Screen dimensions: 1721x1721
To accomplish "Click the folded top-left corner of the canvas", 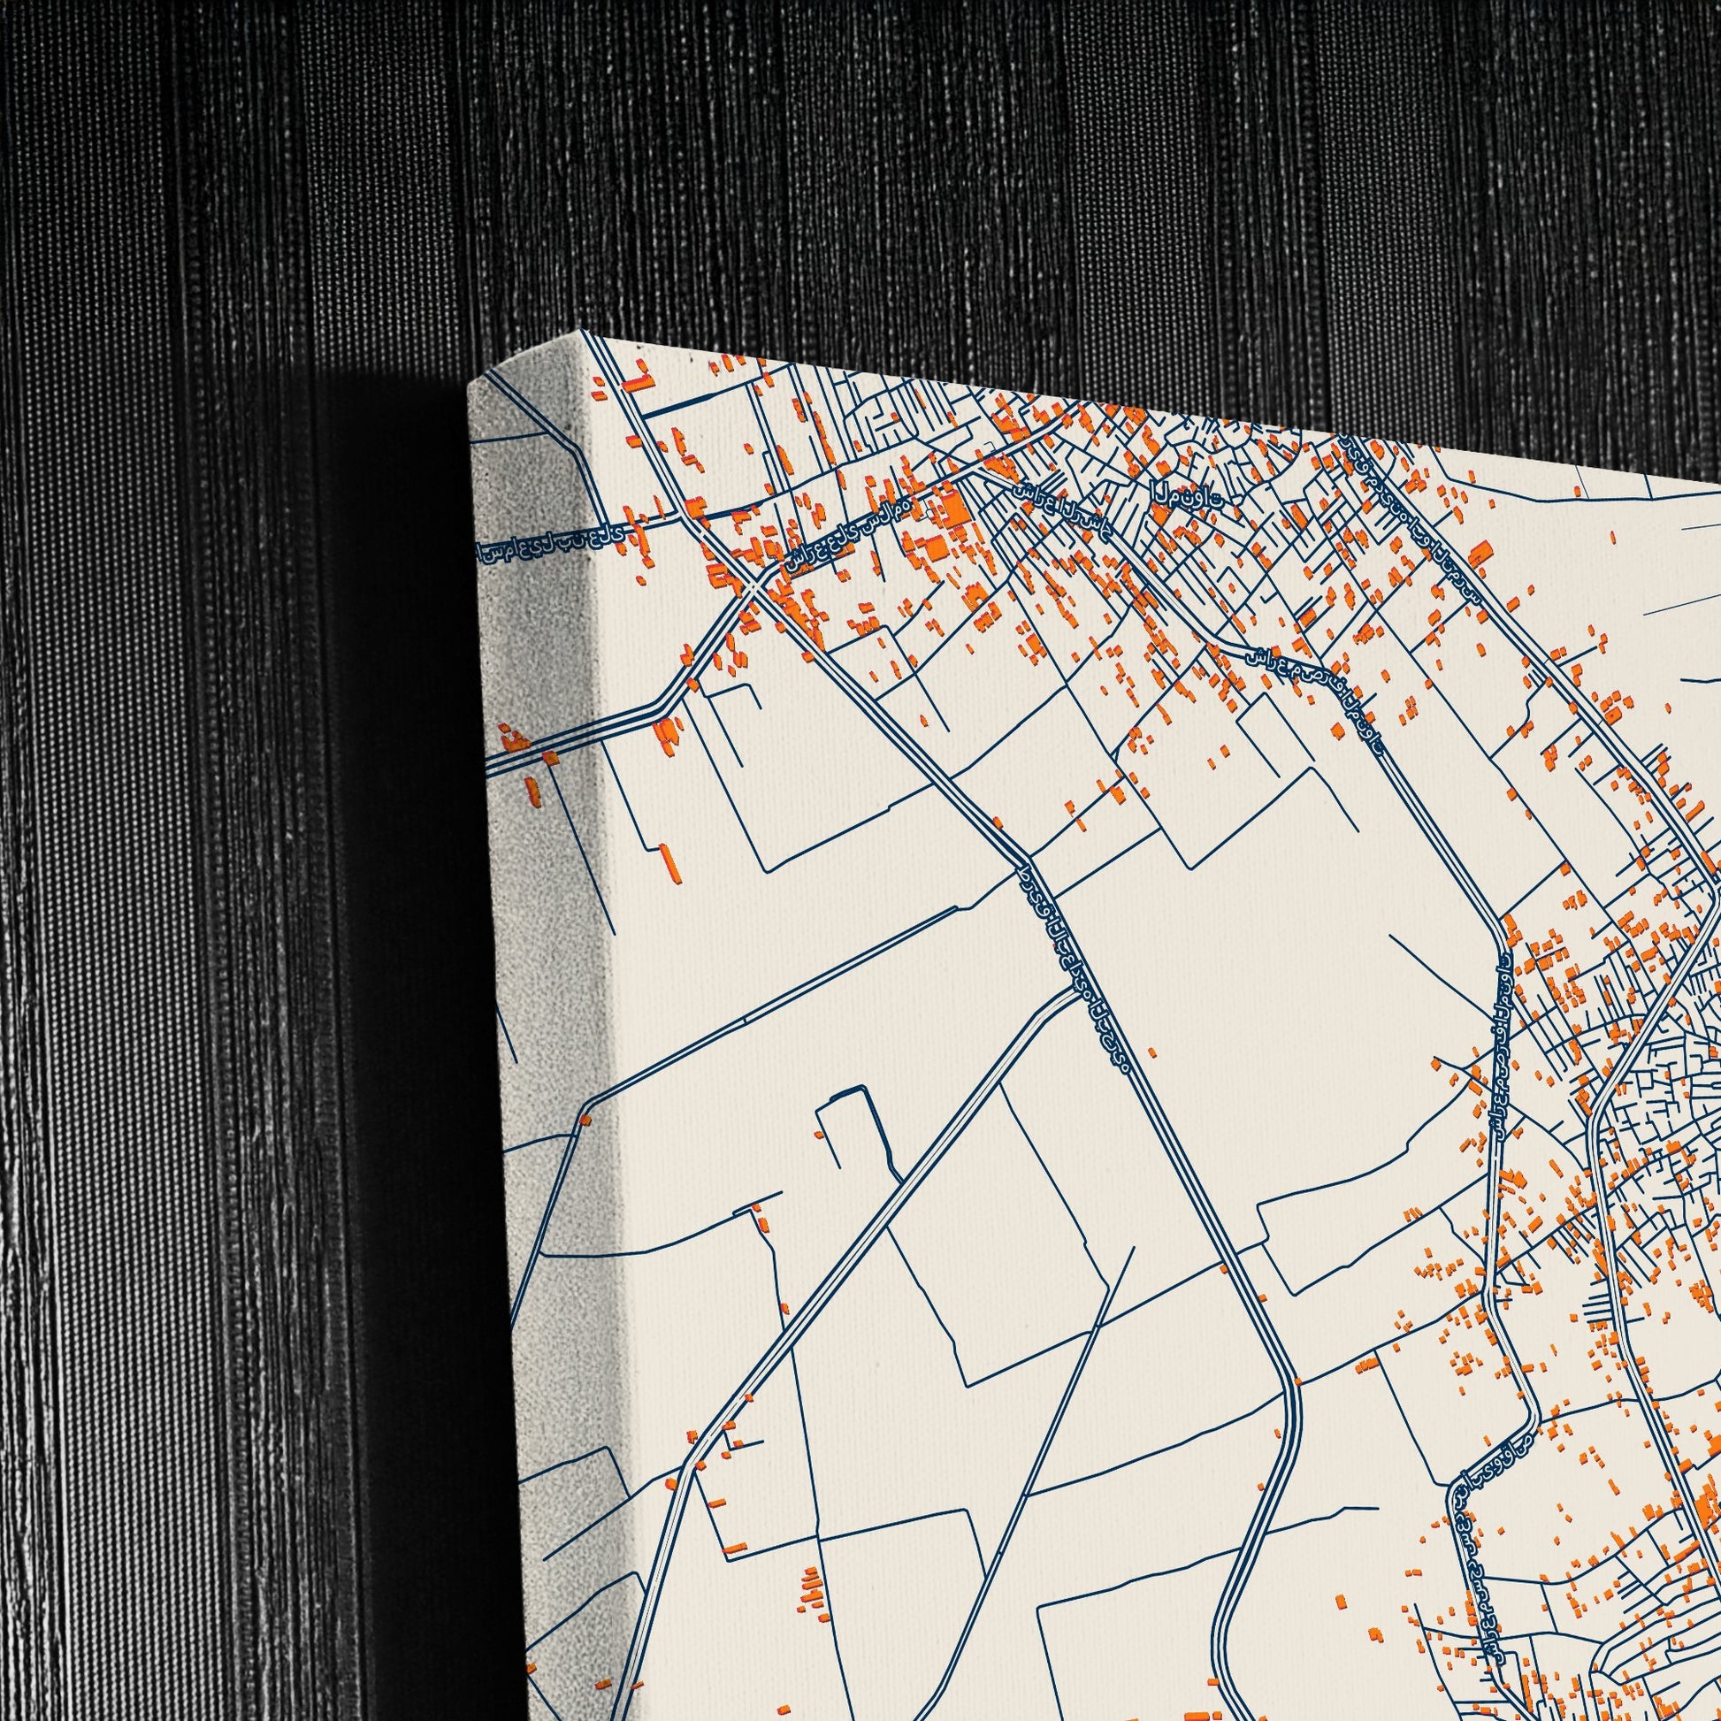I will coord(499,374).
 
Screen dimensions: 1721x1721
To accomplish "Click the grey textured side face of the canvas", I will coord(552,891).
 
